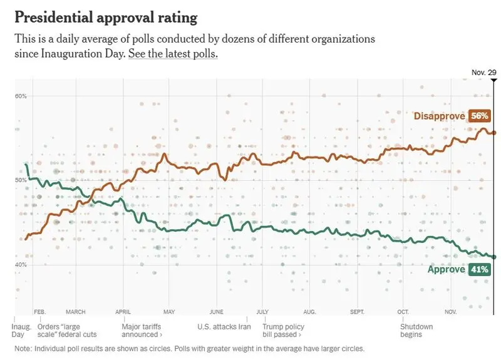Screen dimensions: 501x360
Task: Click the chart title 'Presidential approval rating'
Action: point(106,18)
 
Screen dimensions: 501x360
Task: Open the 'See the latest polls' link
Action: point(173,54)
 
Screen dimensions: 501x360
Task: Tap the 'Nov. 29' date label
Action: point(483,73)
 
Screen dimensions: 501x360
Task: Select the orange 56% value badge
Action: point(479,116)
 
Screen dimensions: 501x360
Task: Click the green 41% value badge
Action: point(479,269)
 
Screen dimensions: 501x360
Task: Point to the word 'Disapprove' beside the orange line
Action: point(440,116)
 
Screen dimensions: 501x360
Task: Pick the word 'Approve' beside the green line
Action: point(447,269)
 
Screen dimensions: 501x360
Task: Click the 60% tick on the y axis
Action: point(21,96)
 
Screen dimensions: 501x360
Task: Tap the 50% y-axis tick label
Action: point(21,180)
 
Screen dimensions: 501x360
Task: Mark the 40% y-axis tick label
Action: point(21,264)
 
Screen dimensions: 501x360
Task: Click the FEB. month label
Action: point(40,312)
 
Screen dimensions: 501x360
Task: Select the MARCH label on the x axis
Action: point(76,312)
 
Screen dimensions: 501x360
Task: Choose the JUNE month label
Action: point(216,312)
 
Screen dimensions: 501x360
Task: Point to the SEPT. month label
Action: point(357,312)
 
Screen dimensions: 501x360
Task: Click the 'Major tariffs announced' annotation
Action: point(142,331)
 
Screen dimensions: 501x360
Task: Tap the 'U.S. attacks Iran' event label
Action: point(224,327)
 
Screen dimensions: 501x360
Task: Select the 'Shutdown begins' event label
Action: point(416,331)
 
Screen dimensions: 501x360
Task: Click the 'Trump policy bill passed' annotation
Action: point(284,331)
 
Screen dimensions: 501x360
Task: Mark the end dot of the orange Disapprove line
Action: point(493,133)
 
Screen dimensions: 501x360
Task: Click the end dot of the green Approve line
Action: point(493,257)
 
